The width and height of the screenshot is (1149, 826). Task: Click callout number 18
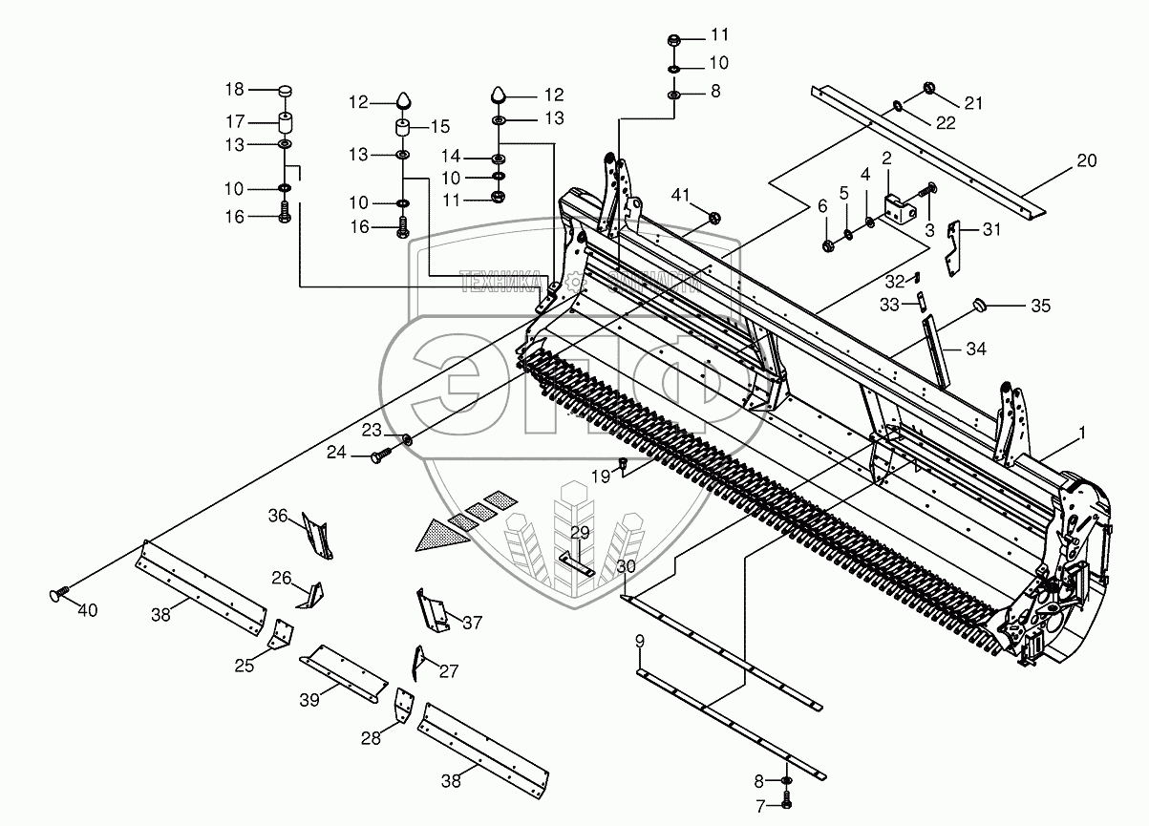[235, 89]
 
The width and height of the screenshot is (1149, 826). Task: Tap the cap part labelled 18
[284, 91]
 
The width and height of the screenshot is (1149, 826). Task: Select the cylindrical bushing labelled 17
[284, 123]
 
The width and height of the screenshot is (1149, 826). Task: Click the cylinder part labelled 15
[403, 127]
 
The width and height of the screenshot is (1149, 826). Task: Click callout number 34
[975, 349]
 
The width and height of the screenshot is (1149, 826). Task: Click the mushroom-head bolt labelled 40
[56, 596]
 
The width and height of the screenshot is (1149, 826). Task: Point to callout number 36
[277, 517]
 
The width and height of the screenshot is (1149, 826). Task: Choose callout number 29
[581, 532]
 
